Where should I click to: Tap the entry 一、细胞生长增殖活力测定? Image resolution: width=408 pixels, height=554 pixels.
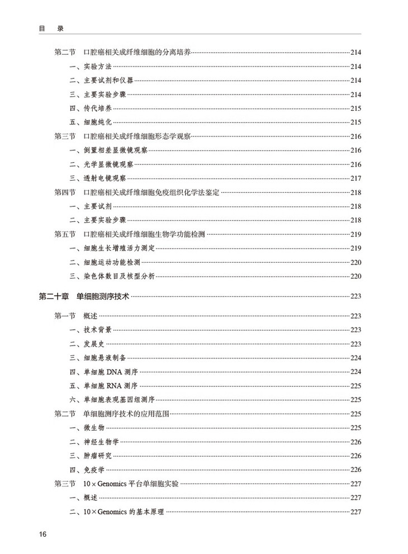tap(108, 248)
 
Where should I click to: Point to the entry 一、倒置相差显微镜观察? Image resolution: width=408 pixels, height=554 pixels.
tap(105, 150)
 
